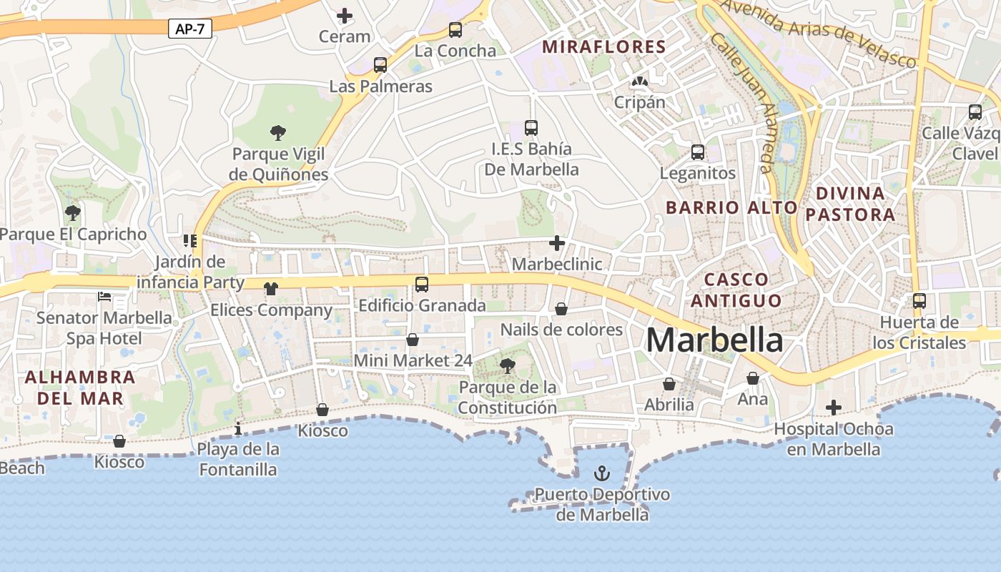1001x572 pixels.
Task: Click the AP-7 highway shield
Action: pos(190,29)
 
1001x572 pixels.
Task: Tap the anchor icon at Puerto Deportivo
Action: pos(602,473)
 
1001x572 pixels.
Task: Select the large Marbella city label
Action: pos(714,340)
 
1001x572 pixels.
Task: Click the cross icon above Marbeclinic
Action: pos(557,243)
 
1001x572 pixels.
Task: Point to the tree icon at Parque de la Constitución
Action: pos(508,367)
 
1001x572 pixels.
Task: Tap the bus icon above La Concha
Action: pos(455,30)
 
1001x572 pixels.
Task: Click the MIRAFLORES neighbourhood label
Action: pos(604,47)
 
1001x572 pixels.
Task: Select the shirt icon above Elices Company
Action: pos(271,289)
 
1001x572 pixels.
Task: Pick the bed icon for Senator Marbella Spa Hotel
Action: pos(104,297)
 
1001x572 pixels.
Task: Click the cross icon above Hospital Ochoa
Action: pos(834,408)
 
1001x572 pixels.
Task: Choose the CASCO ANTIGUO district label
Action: pos(736,290)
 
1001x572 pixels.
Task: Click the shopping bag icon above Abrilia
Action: pos(669,384)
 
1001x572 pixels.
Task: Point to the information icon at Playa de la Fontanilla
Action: pos(238,428)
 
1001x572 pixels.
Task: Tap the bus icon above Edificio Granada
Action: pos(422,285)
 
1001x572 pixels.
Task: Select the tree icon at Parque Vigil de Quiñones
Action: pos(278,132)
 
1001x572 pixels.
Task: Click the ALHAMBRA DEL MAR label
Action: pos(80,388)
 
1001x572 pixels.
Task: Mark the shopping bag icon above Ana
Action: pos(753,378)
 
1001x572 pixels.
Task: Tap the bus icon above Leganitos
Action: pos(698,152)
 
